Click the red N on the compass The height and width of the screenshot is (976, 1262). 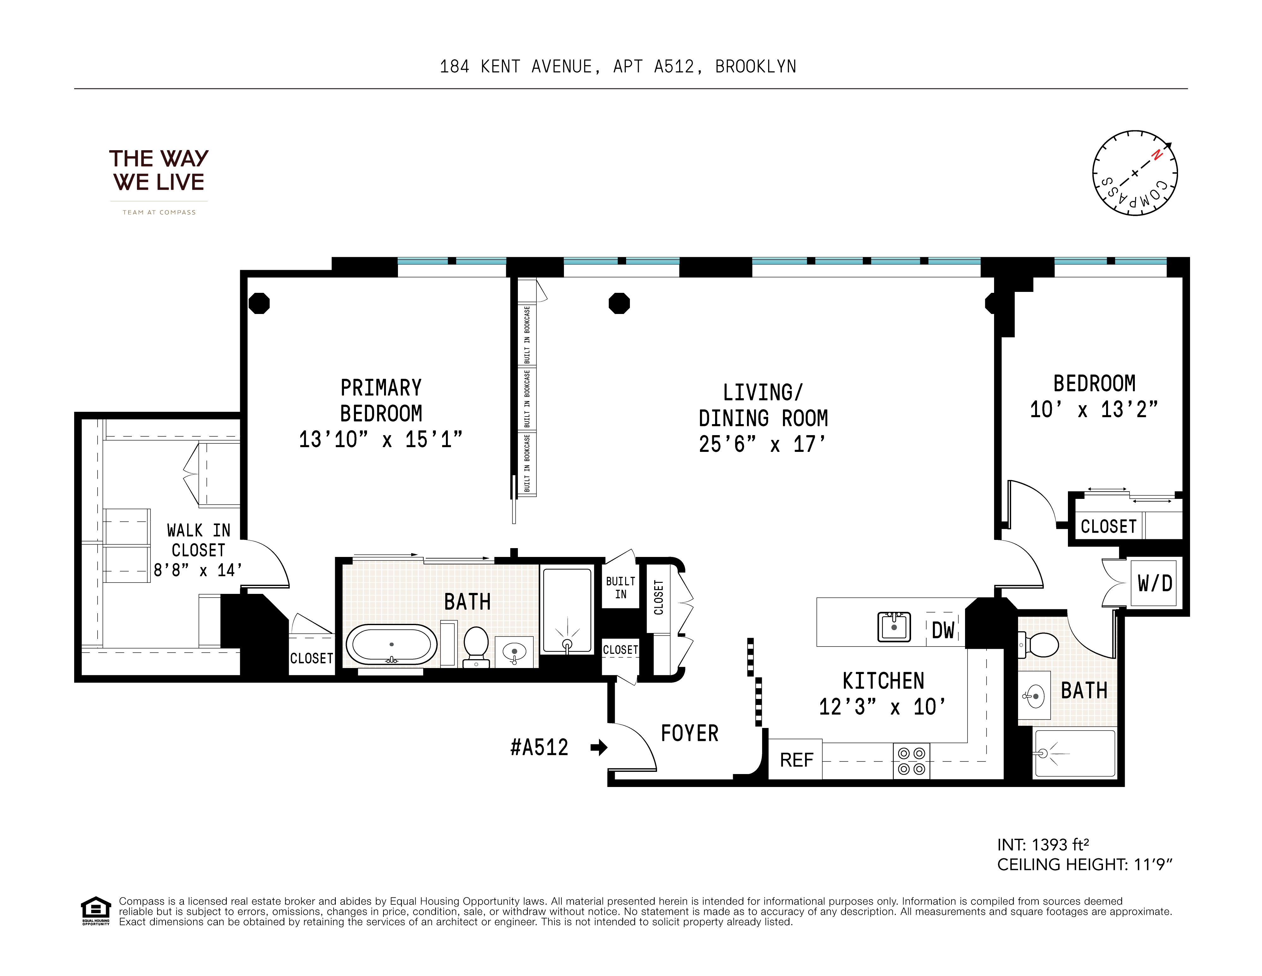coord(1156,155)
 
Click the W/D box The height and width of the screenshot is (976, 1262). coord(1154,583)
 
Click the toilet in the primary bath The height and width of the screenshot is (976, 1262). coord(476,646)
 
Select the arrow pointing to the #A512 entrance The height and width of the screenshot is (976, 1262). coord(599,748)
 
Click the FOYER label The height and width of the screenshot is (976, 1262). coord(689,733)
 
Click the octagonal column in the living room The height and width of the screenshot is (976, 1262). coord(619,303)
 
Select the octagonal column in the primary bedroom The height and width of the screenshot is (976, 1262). coord(259,303)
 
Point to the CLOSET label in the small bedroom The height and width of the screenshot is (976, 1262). coord(1108,526)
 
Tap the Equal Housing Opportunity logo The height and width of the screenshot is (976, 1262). coord(95,910)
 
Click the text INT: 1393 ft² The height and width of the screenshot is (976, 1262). coord(1043,845)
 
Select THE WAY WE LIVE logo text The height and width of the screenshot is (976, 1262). coord(159,170)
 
